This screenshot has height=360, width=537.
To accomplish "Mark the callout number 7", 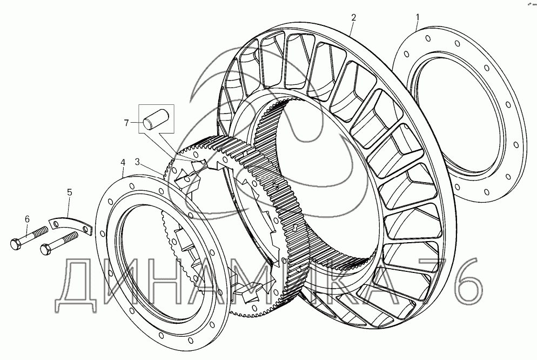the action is (127, 123).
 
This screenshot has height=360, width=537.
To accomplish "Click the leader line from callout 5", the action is (68, 208).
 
